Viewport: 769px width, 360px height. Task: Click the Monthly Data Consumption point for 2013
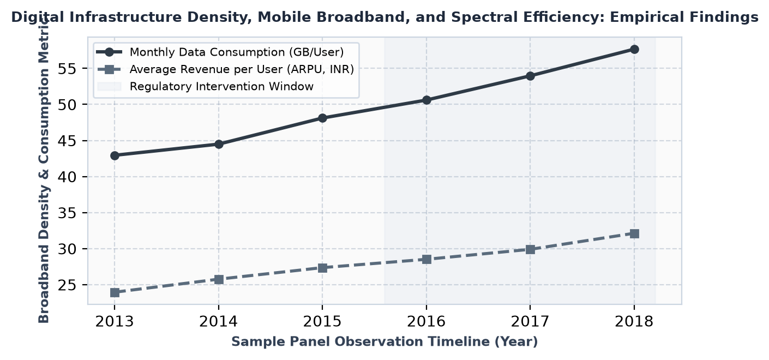pos(115,155)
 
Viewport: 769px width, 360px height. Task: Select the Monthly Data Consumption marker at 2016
pos(426,100)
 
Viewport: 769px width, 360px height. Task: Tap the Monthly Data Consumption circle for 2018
pos(634,50)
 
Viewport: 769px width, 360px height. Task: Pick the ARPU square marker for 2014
pos(219,279)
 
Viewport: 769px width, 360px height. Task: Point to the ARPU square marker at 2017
pos(531,249)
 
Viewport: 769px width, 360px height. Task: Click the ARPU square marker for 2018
pos(634,233)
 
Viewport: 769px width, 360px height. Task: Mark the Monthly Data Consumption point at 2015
pos(322,118)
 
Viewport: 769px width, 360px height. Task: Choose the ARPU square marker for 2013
pos(115,292)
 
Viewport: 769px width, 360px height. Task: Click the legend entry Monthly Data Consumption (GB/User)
pos(237,52)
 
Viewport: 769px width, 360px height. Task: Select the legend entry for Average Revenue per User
pos(242,69)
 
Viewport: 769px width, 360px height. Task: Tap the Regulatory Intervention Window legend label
pos(221,87)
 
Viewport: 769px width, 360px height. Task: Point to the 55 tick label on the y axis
pos(67,69)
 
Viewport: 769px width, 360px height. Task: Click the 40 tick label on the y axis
pos(67,177)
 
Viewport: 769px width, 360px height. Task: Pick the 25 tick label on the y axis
pos(67,285)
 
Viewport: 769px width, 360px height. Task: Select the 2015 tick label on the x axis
pos(322,322)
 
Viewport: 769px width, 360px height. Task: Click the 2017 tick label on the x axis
pos(531,322)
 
